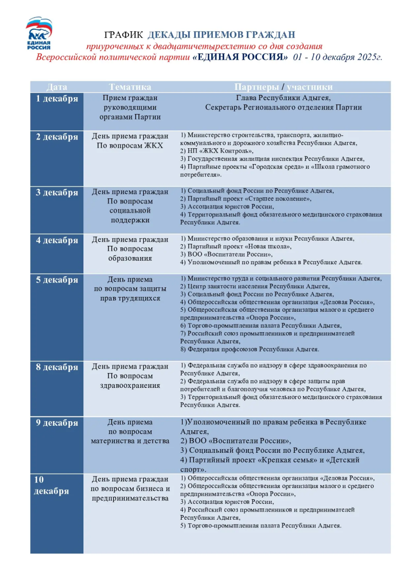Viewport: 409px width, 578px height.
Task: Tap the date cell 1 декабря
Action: (56, 99)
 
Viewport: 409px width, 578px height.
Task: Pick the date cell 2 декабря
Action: (56, 137)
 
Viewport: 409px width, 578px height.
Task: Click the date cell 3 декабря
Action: (56, 193)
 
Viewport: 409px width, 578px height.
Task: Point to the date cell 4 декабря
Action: (56, 240)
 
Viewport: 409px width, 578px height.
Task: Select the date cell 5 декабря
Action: (56, 280)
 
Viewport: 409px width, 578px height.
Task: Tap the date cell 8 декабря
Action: (56, 367)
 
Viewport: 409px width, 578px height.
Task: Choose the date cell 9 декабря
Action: (56, 423)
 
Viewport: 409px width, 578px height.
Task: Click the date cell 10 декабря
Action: (51, 485)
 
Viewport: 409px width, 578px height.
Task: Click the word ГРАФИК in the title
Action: (124, 35)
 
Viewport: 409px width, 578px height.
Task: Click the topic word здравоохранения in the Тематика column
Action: (130, 385)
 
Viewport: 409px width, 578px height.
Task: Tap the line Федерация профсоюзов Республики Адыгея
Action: (250, 350)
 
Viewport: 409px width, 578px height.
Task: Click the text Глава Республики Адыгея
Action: (283, 98)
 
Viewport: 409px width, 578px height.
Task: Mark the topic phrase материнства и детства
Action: (130, 441)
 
